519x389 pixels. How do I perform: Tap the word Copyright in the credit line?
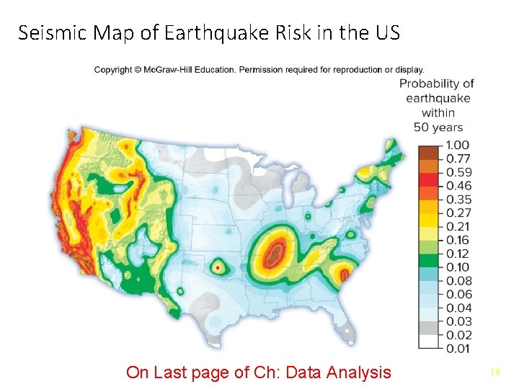tap(113, 70)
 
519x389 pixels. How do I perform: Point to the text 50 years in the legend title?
tap(438, 127)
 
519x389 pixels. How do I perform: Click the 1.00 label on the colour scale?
tap(453, 146)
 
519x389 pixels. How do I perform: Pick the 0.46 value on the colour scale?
tap(453, 186)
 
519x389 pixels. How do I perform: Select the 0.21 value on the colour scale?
tap(453, 226)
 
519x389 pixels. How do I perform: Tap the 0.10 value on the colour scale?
tap(453, 267)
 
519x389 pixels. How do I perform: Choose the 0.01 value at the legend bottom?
tap(453, 349)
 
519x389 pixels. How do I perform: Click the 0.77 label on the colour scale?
tap(453, 159)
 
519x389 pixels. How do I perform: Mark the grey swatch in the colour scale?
tap(428, 328)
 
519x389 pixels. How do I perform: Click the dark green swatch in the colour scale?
tap(428, 261)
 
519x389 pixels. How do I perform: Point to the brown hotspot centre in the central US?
tap(274, 253)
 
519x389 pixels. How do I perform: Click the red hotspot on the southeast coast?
tap(345, 274)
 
